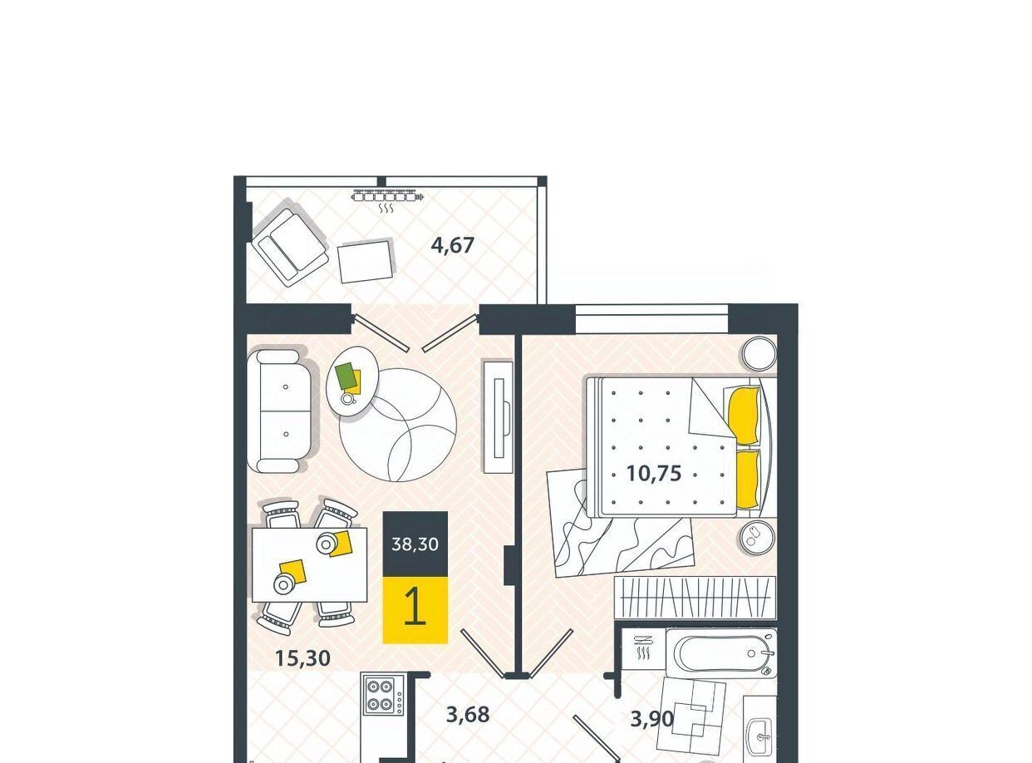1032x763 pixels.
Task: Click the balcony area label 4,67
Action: click(452, 245)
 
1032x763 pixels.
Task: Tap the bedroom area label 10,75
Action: click(654, 474)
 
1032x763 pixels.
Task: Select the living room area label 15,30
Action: click(303, 658)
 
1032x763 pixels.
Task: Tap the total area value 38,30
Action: click(415, 544)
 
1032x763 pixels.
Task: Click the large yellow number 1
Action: click(415, 606)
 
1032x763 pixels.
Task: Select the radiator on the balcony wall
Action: click(388, 196)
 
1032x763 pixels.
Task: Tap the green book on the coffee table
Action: click(346, 376)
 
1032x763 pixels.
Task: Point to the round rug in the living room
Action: click(398, 425)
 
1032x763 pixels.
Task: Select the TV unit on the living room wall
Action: click(498, 416)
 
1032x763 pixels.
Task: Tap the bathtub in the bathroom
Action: click(721, 653)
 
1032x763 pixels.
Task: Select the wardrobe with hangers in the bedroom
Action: click(695, 598)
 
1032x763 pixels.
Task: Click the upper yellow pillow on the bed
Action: click(744, 416)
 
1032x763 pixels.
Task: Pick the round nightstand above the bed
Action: click(759, 354)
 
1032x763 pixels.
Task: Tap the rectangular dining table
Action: click(309, 564)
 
